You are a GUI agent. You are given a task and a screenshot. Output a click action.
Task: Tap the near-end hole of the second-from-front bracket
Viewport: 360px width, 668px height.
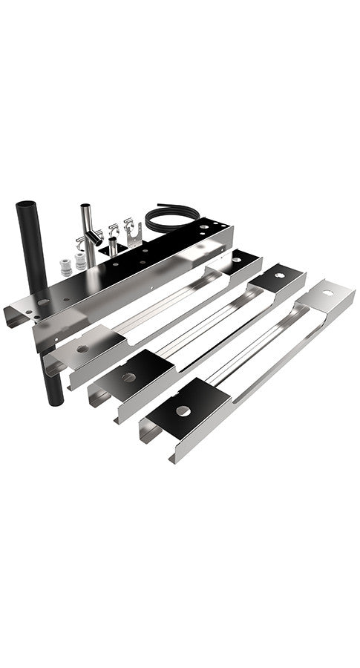pyautogui.click(x=129, y=377)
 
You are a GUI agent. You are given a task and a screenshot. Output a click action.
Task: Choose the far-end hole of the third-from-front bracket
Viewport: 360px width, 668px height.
pyautogui.click(x=237, y=261)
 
